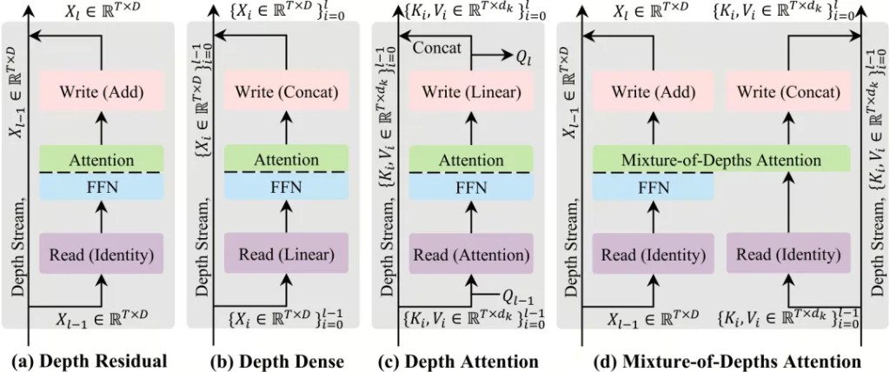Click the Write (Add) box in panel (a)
pos(102,91)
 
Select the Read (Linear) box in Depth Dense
pos(287,255)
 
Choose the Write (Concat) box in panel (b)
pos(287,91)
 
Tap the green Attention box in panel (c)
pos(470,160)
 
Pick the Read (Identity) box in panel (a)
pos(102,255)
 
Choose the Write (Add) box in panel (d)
pos(653,91)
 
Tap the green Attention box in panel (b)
pos(287,160)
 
